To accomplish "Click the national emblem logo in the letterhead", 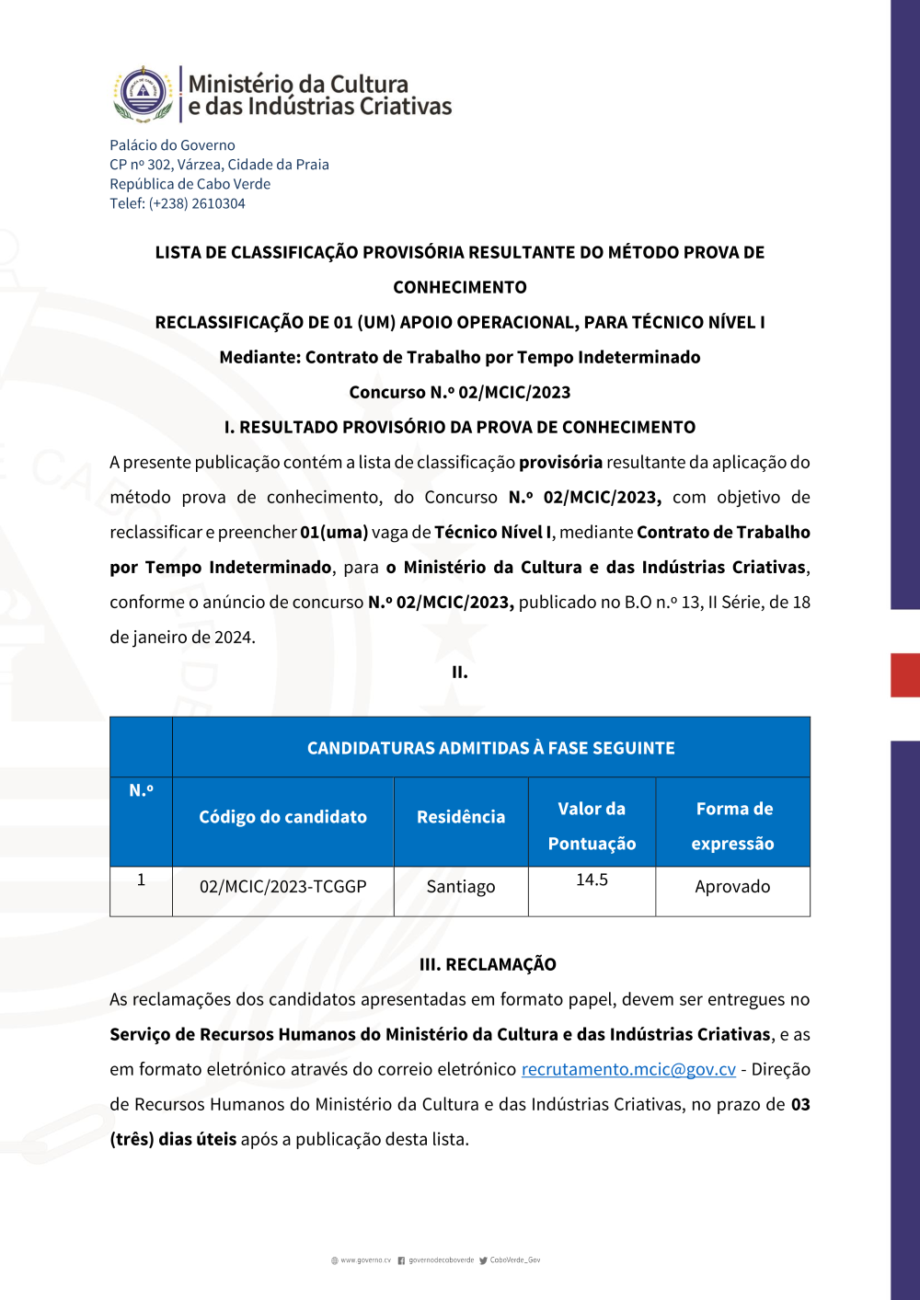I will coord(144,94).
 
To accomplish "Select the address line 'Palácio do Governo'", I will coord(172,145).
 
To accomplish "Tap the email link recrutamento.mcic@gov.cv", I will coord(628,1069).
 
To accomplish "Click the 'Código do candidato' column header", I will coord(282,817).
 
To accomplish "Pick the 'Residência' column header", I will coord(461,817).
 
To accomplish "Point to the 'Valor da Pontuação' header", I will coord(592,825).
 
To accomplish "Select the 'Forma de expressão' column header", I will coord(733,825).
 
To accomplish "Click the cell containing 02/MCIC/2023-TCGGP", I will coord(282,887).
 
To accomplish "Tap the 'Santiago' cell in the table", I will coord(461,887).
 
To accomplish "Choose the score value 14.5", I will coord(592,880).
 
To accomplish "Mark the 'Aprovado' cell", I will coord(732,887).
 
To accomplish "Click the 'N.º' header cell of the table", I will coord(141,790).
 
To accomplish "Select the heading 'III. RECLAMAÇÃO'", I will coord(488,964).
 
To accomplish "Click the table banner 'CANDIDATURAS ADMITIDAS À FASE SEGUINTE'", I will coord(490,748).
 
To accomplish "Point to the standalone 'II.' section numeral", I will coord(460,673).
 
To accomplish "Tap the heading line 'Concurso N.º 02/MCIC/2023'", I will coord(460,392).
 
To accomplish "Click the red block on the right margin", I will coord(905,675).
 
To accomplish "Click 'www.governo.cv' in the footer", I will coord(365,1260).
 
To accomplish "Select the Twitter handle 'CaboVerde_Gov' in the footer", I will coord(514,1260).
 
